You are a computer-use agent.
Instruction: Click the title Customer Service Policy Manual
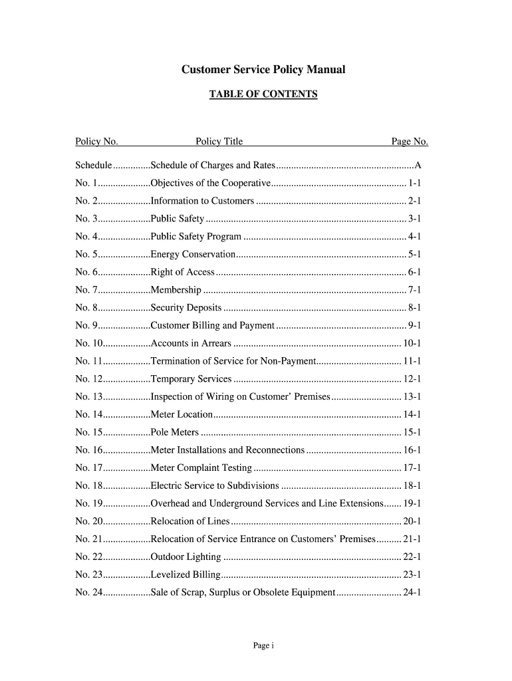point(264,70)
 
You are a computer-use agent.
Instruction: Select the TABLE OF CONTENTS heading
point(263,94)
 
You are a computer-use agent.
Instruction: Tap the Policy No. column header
point(96,141)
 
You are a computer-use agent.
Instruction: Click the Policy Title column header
point(219,141)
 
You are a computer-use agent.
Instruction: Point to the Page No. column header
point(409,141)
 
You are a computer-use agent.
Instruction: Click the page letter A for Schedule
point(418,165)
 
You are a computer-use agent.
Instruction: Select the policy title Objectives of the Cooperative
point(211,183)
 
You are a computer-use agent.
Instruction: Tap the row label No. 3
point(87,218)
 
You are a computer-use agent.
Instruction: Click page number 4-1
point(414,236)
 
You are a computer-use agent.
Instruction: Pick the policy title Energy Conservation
point(193,254)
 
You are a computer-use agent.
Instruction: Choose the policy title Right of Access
point(183,272)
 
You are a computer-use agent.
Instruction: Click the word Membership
point(176,290)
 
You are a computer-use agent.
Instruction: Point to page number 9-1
point(414,325)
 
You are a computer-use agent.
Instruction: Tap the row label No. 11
point(89,361)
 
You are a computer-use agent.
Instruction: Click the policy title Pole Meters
point(175,432)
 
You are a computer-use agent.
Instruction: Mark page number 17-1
point(412,468)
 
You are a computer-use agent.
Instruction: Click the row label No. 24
point(89,592)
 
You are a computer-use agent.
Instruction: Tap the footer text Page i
point(263,646)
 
